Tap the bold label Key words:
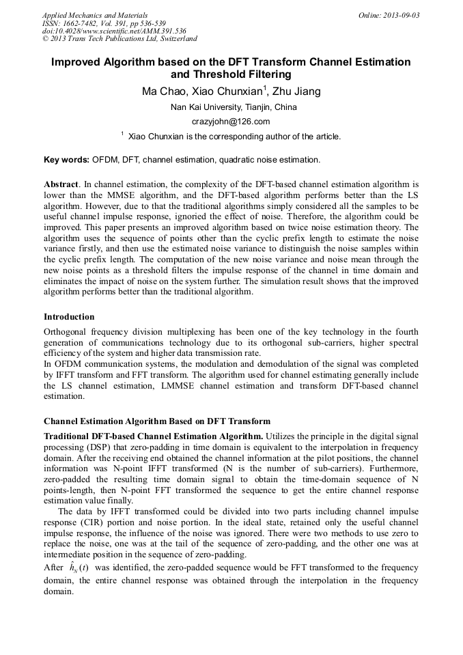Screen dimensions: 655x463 (66, 160)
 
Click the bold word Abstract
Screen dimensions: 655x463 (61, 184)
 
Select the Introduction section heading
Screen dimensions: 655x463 (69, 317)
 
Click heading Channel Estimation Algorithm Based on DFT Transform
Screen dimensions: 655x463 (157, 421)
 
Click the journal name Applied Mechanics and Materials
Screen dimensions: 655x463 (94, 15)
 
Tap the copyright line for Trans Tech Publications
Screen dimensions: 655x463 (120, 40)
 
